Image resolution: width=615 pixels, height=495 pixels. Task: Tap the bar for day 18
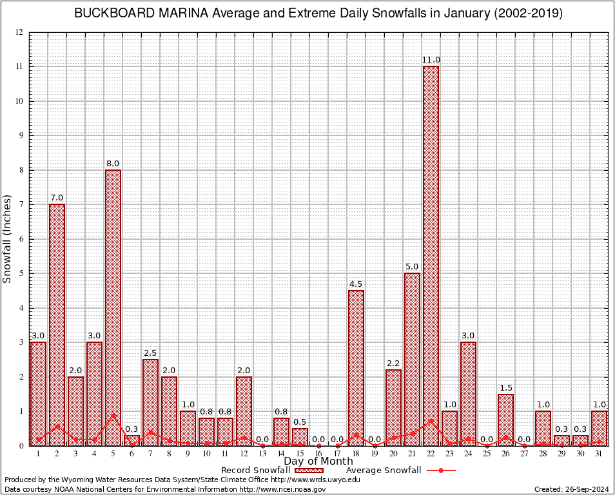click(356, 367)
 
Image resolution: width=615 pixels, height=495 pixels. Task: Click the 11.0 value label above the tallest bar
click(431, 60)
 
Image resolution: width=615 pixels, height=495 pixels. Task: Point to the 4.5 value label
click(356, 284)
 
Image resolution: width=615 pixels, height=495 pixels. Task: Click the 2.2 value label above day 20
click(393, 364)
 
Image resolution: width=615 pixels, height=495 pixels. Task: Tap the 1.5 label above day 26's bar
click(505, 387)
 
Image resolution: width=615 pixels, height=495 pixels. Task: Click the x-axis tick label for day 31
click(599, 453)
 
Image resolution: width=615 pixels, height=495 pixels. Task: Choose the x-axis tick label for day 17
click(337, 453)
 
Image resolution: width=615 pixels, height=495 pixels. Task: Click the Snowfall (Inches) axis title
click(8, 239)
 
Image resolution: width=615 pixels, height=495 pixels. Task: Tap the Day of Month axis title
click(318, 461)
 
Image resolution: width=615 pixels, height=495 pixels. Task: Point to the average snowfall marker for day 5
click(113, 416)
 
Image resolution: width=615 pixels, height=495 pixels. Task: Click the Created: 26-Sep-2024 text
click(571, 490)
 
